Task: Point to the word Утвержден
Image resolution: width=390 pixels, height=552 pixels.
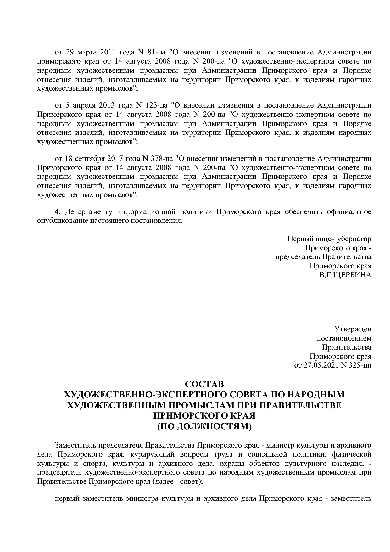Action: [x=353, y=329]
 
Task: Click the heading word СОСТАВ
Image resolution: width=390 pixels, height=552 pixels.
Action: [x=204, y=385]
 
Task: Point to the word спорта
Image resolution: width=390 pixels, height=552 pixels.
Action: [x=94, y=464]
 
